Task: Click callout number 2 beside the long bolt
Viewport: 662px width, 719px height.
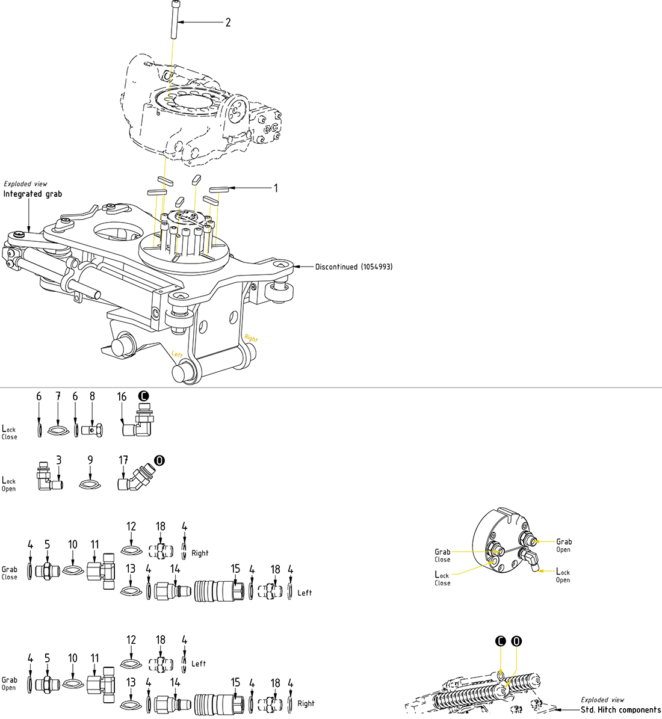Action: [228, 23]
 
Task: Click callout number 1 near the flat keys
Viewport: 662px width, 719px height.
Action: [276, 188]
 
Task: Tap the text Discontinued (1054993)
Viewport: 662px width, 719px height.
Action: [354, 267]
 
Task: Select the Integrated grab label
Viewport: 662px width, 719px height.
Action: [32, 194]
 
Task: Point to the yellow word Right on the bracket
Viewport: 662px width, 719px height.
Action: [251, 339]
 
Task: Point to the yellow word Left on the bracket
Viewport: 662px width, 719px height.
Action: [178, 354]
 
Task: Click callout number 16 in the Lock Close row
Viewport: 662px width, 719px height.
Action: [122, 397]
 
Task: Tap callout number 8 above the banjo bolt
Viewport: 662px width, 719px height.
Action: [92, 397]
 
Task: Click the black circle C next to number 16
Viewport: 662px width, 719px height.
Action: [143, 396]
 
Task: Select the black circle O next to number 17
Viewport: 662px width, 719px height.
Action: [159, 460]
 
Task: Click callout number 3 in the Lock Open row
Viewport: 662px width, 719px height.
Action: [58, 460]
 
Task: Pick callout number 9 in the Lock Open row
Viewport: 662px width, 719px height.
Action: [90, 460]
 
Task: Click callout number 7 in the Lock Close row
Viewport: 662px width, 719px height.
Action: [58, 397]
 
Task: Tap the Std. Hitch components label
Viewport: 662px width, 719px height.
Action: [620, 710]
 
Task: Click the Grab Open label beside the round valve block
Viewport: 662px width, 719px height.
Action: [563, 545]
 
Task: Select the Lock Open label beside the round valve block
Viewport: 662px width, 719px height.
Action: [562, 576]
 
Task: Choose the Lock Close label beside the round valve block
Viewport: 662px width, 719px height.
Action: [442, 579]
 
